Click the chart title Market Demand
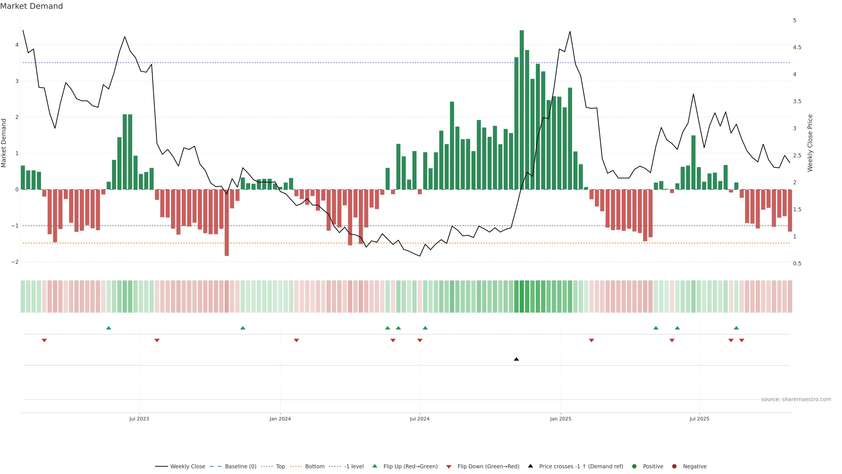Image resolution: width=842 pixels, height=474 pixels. coord(31,6)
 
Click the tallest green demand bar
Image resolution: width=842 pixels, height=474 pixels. coord(522,110)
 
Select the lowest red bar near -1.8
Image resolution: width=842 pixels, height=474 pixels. coord(227,223)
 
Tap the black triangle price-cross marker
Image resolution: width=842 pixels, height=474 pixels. coord(516,359)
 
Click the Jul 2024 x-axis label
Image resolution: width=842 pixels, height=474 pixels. coord(420,419)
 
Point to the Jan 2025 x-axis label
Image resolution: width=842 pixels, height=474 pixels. coord(561,419)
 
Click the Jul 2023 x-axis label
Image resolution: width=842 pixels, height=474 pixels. coord(139,419)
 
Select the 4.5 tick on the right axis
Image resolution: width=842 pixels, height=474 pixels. coord(797,47)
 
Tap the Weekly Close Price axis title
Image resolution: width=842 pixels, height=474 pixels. coord(810,143)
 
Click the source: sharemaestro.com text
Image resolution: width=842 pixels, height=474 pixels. coord(796,399)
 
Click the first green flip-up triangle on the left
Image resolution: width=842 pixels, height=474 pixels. coord(109,328)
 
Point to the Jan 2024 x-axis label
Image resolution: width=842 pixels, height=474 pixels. coord(280,419)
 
